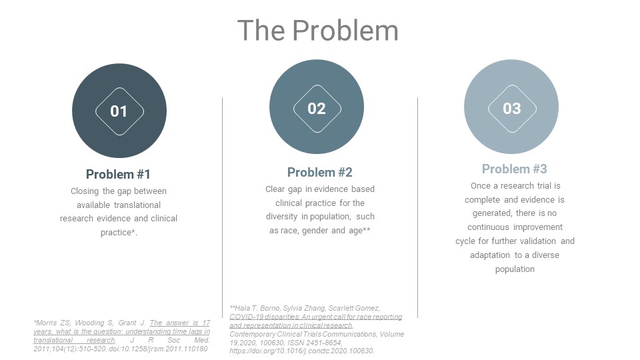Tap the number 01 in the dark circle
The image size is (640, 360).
119,111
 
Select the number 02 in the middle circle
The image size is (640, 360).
316,109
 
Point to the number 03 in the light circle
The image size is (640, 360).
512,109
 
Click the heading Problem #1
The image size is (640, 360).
118,174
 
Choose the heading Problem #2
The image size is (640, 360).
319,172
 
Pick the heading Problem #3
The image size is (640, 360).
514,169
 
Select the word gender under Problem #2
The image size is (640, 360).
314,231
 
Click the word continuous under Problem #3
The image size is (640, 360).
488,227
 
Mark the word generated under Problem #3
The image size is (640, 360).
492,213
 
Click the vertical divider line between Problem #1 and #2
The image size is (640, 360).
223,207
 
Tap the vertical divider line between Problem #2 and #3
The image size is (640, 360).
417,207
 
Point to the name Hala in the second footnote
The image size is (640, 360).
241,308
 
